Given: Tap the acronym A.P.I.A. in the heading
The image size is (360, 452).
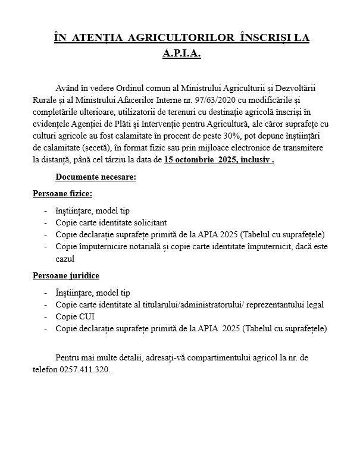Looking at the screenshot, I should coord(181,54).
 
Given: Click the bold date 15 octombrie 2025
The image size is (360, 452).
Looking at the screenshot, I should coord(202,160).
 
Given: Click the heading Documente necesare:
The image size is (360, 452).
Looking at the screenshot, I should coord(95,177).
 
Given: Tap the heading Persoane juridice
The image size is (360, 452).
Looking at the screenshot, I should coord(65,276).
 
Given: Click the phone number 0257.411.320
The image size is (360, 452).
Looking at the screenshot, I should coord(84,369).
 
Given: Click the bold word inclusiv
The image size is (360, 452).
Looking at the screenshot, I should coord(256,160).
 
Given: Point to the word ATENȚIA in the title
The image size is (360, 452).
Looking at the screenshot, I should coord(95,37).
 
